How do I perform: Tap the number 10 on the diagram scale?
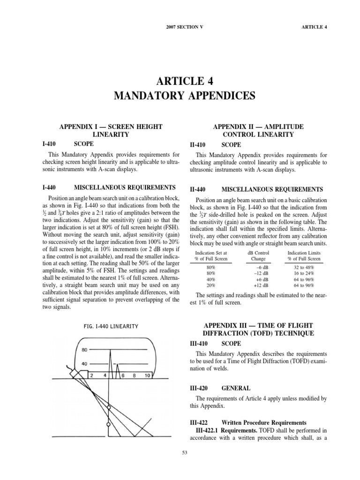pos(147,375)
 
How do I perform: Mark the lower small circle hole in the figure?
pos(108,425)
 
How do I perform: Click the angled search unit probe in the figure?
pos(77,375)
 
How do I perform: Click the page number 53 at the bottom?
pos(184,452)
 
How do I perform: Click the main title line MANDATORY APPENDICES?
pos(185,96)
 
